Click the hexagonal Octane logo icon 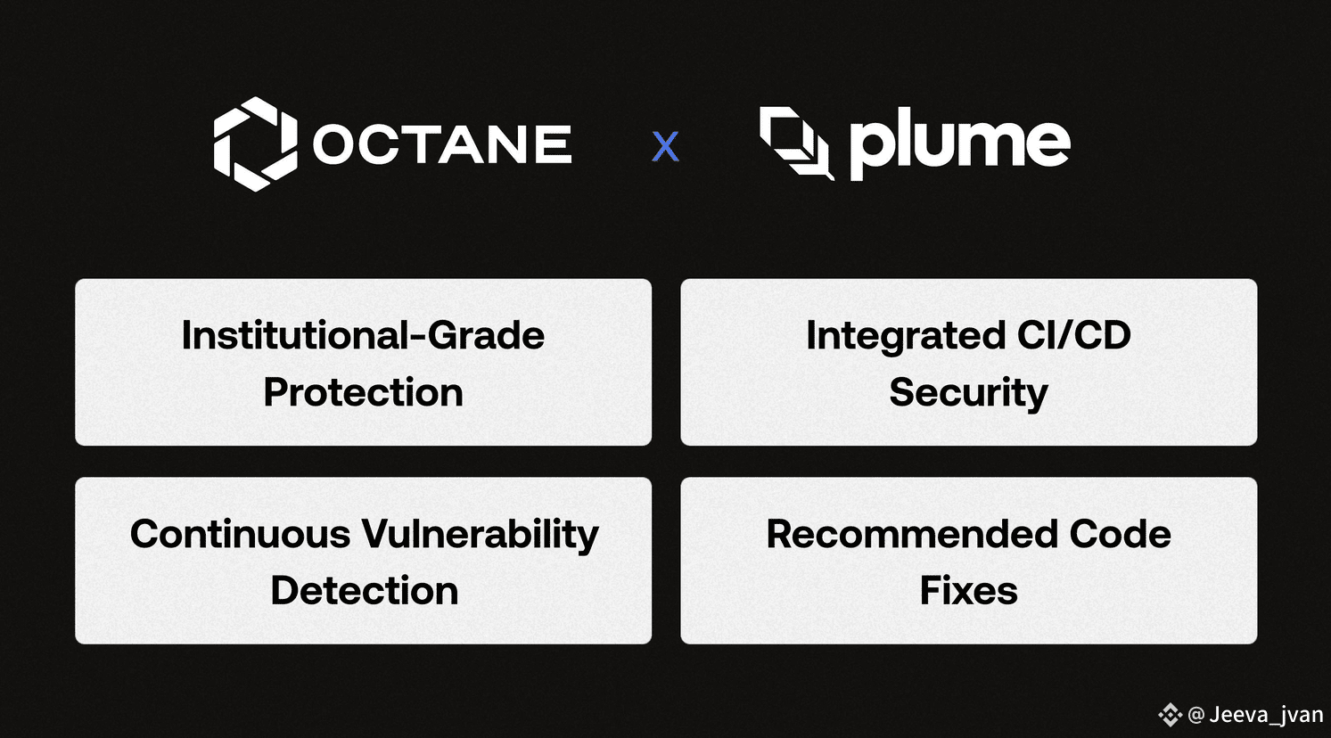click(256, 143)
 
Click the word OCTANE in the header click(443, 143)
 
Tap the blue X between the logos click(665, 146)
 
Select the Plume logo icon click(797, 143)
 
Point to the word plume click(960, 143)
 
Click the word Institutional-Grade click(363, 335)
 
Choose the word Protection click(363, 392)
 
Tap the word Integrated click(905, 336)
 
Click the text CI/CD click(1073, 334)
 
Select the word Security click(968, 393)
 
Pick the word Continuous click(240, 534)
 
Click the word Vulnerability click(481, 535)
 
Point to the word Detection click(365, 591)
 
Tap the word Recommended click(912, 534)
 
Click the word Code click(1120, 534)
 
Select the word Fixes click(968, 591)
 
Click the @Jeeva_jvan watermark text click(1255, 714)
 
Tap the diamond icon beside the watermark click(1170, 714)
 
